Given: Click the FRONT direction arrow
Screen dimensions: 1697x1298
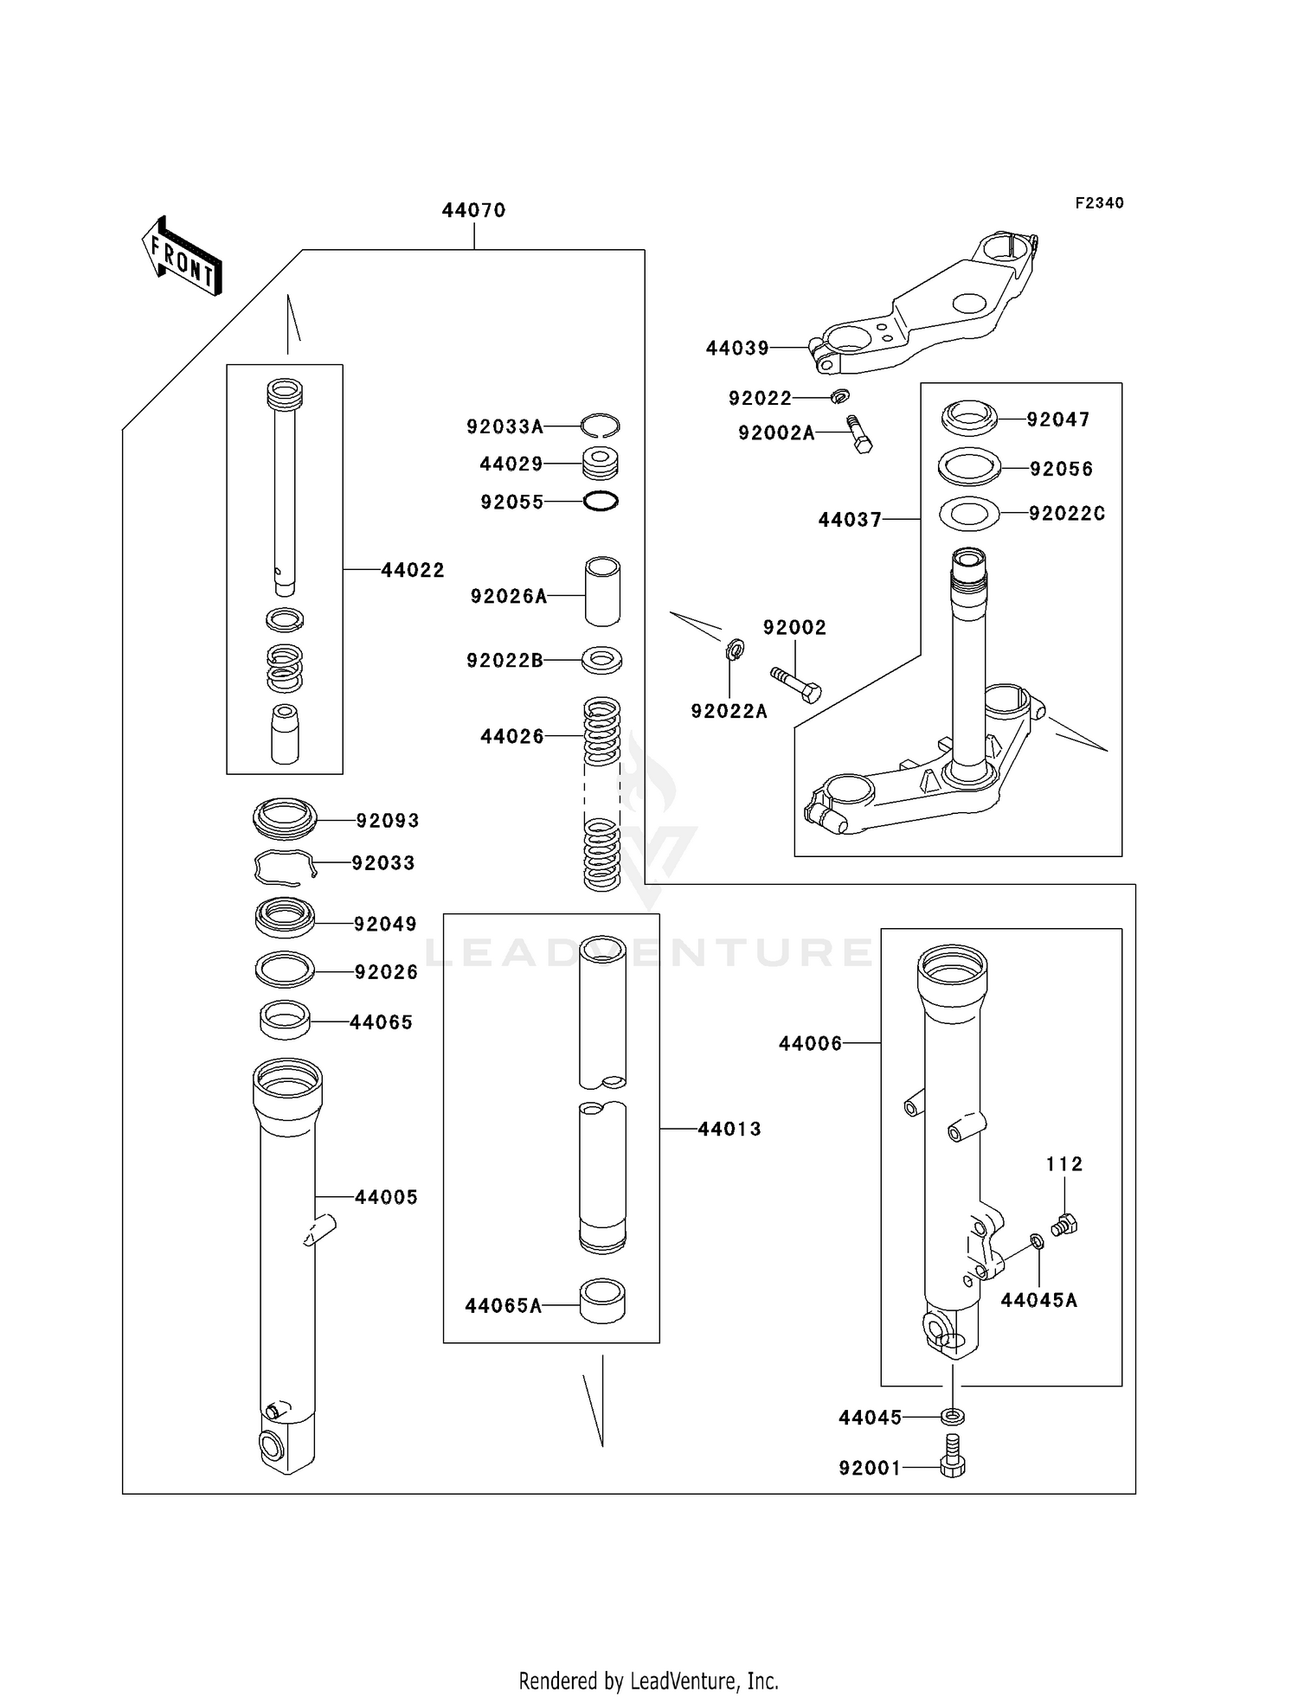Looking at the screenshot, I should pyautogui.click(x=182, y=256).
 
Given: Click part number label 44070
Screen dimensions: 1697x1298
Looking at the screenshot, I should pyautogui.click(x=473, y=210).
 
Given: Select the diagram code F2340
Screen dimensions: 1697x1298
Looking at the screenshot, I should pyautogui.click(x=1099, y=203).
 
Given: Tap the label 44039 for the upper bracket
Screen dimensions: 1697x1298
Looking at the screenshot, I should pyautogui.click(x=737, y=349).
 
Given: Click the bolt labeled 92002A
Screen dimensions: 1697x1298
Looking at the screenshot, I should pyautogui.click(x=858, y=434).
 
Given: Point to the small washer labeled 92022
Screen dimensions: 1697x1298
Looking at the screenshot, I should pyautogui.click(x=839, y=396).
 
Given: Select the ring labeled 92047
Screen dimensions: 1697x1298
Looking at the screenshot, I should pyautogui.click(x=968, y=418).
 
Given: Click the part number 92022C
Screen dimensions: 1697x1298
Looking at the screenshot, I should pyautogui.click(x=1067, y=514).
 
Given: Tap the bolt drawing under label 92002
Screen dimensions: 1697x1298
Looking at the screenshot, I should pyautogui.click(x=795, y=684).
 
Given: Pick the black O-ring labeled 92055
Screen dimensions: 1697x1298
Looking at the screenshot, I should pyautogui.click(x=601, y=501).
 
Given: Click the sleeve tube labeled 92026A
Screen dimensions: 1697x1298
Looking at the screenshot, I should pyautogui.click(x=602, y=592).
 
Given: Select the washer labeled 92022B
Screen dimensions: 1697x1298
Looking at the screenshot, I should pyautogui.click(x=601, y=660).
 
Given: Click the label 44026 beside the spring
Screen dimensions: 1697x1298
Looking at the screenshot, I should pyautogui.click(x=512, y=737).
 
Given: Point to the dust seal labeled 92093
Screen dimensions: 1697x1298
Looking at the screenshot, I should pyautogui.click(x=285, y=818).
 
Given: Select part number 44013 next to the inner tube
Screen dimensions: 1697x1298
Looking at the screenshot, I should pyautogui.click(x=729, y=1130).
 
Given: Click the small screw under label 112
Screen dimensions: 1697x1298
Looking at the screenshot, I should pyautogui.click(x=1064, y=1224).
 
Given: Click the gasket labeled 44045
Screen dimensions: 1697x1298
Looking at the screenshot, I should pyautogui.click(x=953, y=1417).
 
